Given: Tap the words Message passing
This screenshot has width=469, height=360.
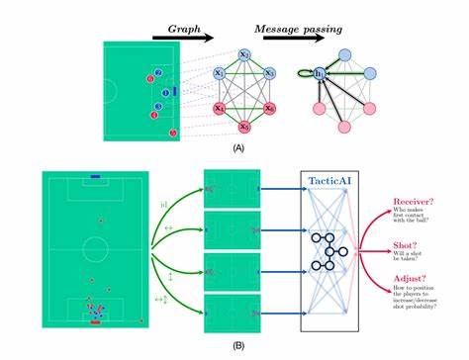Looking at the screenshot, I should (x=295, y=29).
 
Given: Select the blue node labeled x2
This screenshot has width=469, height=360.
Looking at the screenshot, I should (x=243, y=54).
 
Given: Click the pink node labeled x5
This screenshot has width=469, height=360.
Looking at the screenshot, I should (x=243, y=127).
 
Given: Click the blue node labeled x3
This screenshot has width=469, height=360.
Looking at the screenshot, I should (x=268, y=73).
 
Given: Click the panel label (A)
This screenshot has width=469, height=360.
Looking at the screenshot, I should (x=237, y=146).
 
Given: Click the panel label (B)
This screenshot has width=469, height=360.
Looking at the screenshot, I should (x=237, y=346).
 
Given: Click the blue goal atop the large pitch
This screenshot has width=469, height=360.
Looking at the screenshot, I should (x=95, y=176).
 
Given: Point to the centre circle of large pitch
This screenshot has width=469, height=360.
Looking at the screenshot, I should (x=95, y=246).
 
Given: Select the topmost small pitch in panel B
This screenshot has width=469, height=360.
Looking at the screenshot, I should (x=231, y=188).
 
